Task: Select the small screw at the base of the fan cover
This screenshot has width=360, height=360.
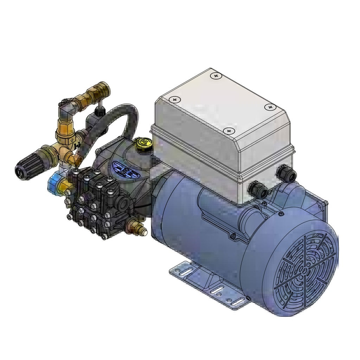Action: (249, 298)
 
